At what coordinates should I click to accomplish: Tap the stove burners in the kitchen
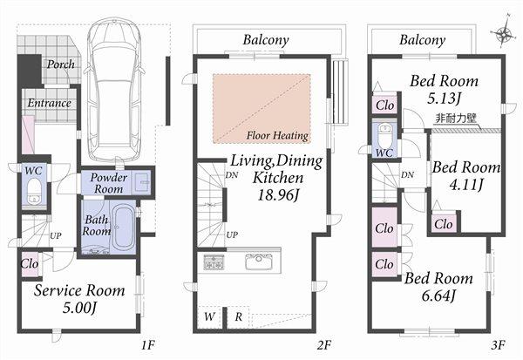(214, 262)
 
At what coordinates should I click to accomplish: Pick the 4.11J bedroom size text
(466, 185)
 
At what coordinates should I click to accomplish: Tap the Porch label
(60, 65)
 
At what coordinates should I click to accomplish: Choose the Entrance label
(49, 103)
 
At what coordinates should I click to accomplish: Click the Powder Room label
(108, 182)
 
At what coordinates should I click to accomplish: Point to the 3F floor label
(497, 345)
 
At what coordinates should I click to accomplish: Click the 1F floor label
(147, 345)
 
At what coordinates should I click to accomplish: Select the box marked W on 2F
(209, 317)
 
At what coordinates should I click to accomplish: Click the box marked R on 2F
(238, 317)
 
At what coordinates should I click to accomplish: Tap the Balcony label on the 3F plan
(422, 40)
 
